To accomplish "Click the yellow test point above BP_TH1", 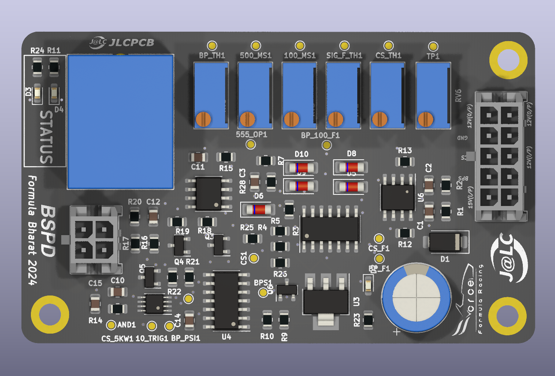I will [x=211, y=46].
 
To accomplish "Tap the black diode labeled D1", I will [x=445, y=242].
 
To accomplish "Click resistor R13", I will [x=404, y=161].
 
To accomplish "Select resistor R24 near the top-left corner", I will [x=37, y=67].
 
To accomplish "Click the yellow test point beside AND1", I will [x=111, y=325].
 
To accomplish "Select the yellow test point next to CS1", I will [x=254, y=258].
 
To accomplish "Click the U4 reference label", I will [x=226, y=337].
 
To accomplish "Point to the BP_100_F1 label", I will [x=320, y=135].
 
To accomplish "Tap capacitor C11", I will [x=198, y=157].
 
